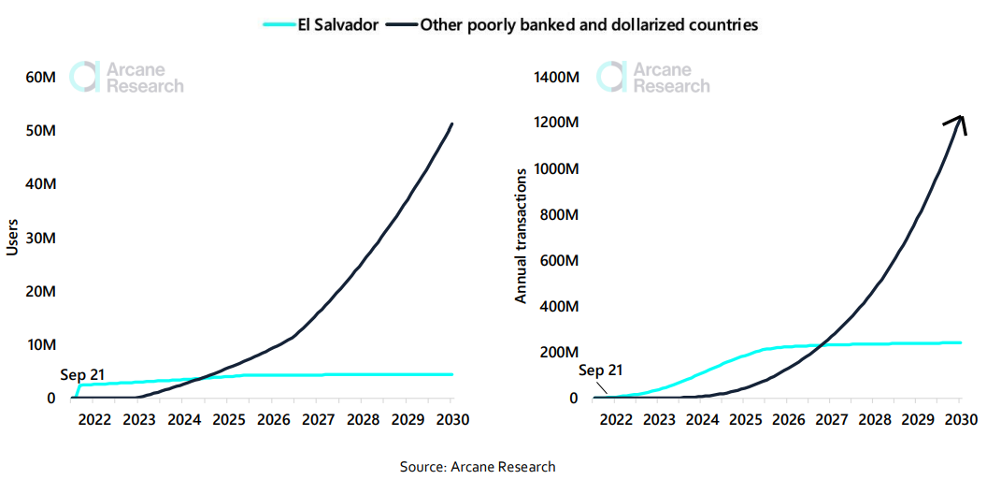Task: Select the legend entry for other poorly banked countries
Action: click(576, 25)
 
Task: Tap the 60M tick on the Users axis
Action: click(39, 77)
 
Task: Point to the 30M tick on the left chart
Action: click(39, 238)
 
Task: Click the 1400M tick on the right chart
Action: click(556, 77)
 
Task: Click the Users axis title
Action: click(12, 237)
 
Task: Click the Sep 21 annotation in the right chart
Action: click(600, 370)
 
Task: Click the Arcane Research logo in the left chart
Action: click(128, 78)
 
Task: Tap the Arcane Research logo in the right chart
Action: click(654, 78)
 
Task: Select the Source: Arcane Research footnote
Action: click(478, 466)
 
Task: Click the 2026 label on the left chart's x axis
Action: click(273, 419)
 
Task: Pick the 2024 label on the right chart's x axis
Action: click(703, 419)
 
